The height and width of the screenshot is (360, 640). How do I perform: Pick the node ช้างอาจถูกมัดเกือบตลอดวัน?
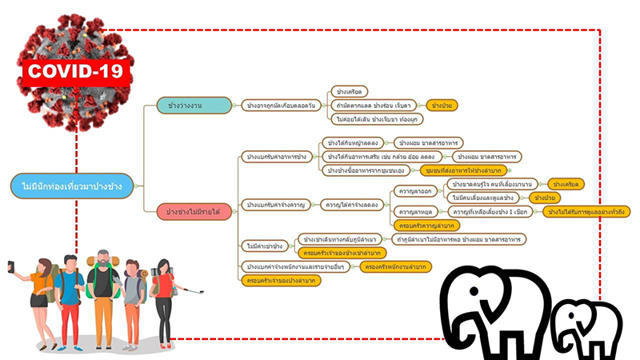tap(281, 106)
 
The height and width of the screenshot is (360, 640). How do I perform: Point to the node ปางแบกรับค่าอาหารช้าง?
tap(277, 156)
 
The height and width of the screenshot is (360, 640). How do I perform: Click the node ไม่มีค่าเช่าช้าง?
tap(264, 246)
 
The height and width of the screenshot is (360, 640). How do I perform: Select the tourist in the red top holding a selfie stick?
tap(164, 300)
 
